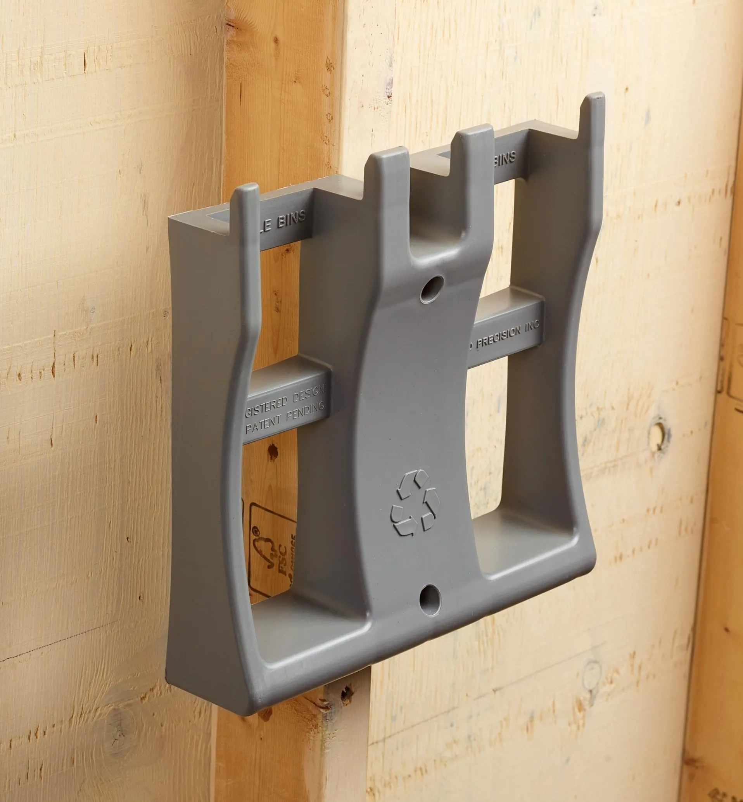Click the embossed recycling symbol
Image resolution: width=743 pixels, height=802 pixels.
415,503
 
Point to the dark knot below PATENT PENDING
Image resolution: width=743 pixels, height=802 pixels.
273,452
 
